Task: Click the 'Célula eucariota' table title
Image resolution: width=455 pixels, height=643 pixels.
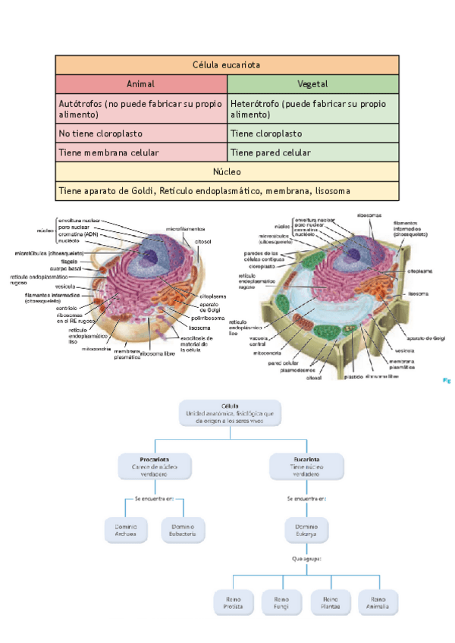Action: [x=227, y=65]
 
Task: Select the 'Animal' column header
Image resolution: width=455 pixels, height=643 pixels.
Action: [x=140, y=84]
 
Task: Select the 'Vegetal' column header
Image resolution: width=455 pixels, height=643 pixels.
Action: [x=312, y=84]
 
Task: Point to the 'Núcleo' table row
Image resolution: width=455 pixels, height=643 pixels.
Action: [x=227, y=171]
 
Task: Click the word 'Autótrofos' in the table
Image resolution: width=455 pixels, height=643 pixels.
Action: [x=80, y=103]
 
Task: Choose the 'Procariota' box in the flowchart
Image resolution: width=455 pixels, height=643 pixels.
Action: [x=154, y=465]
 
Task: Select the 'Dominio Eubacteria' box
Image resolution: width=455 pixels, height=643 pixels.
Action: [x=184, y=530]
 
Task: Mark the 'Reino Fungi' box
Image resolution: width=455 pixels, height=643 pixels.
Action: [x=282, y=602]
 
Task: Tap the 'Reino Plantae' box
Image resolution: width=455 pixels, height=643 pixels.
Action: [x=331, y=602]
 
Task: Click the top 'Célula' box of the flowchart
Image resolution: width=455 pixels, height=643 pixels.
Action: [x=231, y=413]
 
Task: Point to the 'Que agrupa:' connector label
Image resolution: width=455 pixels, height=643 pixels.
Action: [x=306, y=560]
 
